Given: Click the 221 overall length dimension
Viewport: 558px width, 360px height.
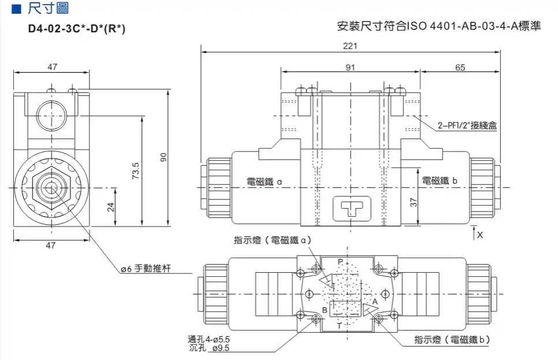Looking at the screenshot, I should click(x=351, y=46).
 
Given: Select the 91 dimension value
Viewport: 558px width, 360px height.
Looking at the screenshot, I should click(x=351, y=68).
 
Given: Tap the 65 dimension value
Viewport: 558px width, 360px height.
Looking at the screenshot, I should click(x=460, y=68).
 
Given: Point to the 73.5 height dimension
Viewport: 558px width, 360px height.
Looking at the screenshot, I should click(x=136, y=172).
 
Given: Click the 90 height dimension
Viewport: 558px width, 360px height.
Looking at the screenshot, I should click(x=163, y=157).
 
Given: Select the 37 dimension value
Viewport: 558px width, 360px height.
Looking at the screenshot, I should click(x=413, y=203).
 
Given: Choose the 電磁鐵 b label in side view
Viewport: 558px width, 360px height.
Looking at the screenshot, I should click(x=439, y=181).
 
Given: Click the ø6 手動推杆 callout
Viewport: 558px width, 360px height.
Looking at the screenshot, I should click(x=146, y=268).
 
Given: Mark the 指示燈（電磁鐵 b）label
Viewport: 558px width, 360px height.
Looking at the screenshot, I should click(x=452, y=340).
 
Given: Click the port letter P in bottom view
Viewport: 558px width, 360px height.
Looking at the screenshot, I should click(x=340, y=262).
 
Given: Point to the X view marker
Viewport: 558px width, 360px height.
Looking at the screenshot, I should click(x=479, y=236).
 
